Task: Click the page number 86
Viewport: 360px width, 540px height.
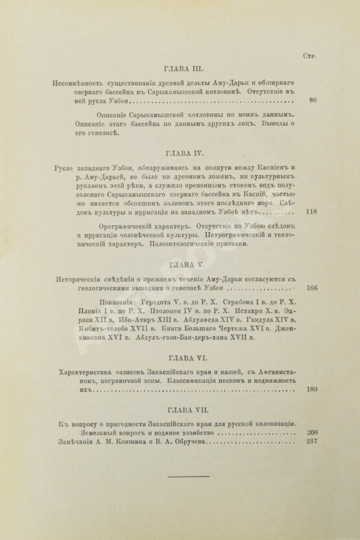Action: click(313, 101)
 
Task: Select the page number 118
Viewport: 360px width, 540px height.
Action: click(310, 211)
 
